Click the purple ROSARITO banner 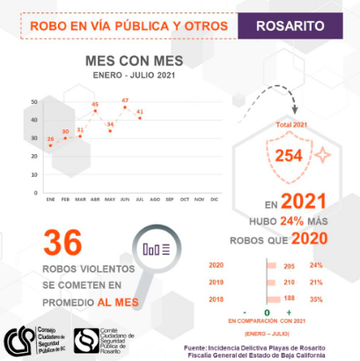click(298, 26)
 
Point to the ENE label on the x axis click(50, 200)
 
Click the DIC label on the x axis click(214, 200)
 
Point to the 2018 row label click(216, 298)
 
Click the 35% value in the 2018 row click(317, 298)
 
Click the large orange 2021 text click(306, 203)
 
